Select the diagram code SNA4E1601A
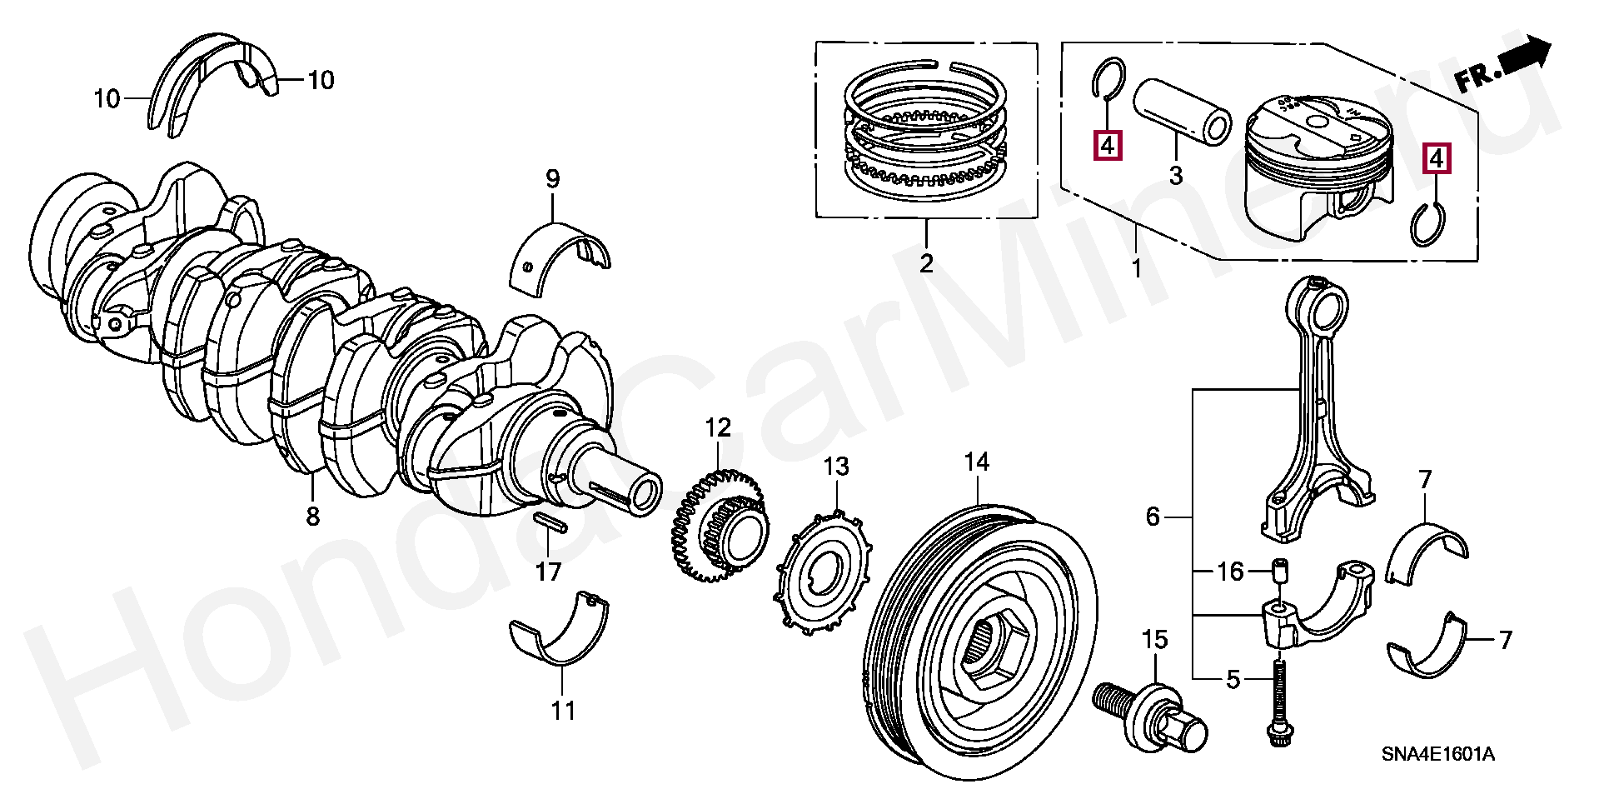[1438, 756]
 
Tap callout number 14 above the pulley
[976, 462]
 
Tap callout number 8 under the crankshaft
[312, 517]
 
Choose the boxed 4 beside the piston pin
[1107, 145]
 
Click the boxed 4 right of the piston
[1437, 158]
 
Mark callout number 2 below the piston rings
[926, 263]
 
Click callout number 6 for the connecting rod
[1153, 517]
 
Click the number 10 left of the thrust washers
[107, 99]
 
